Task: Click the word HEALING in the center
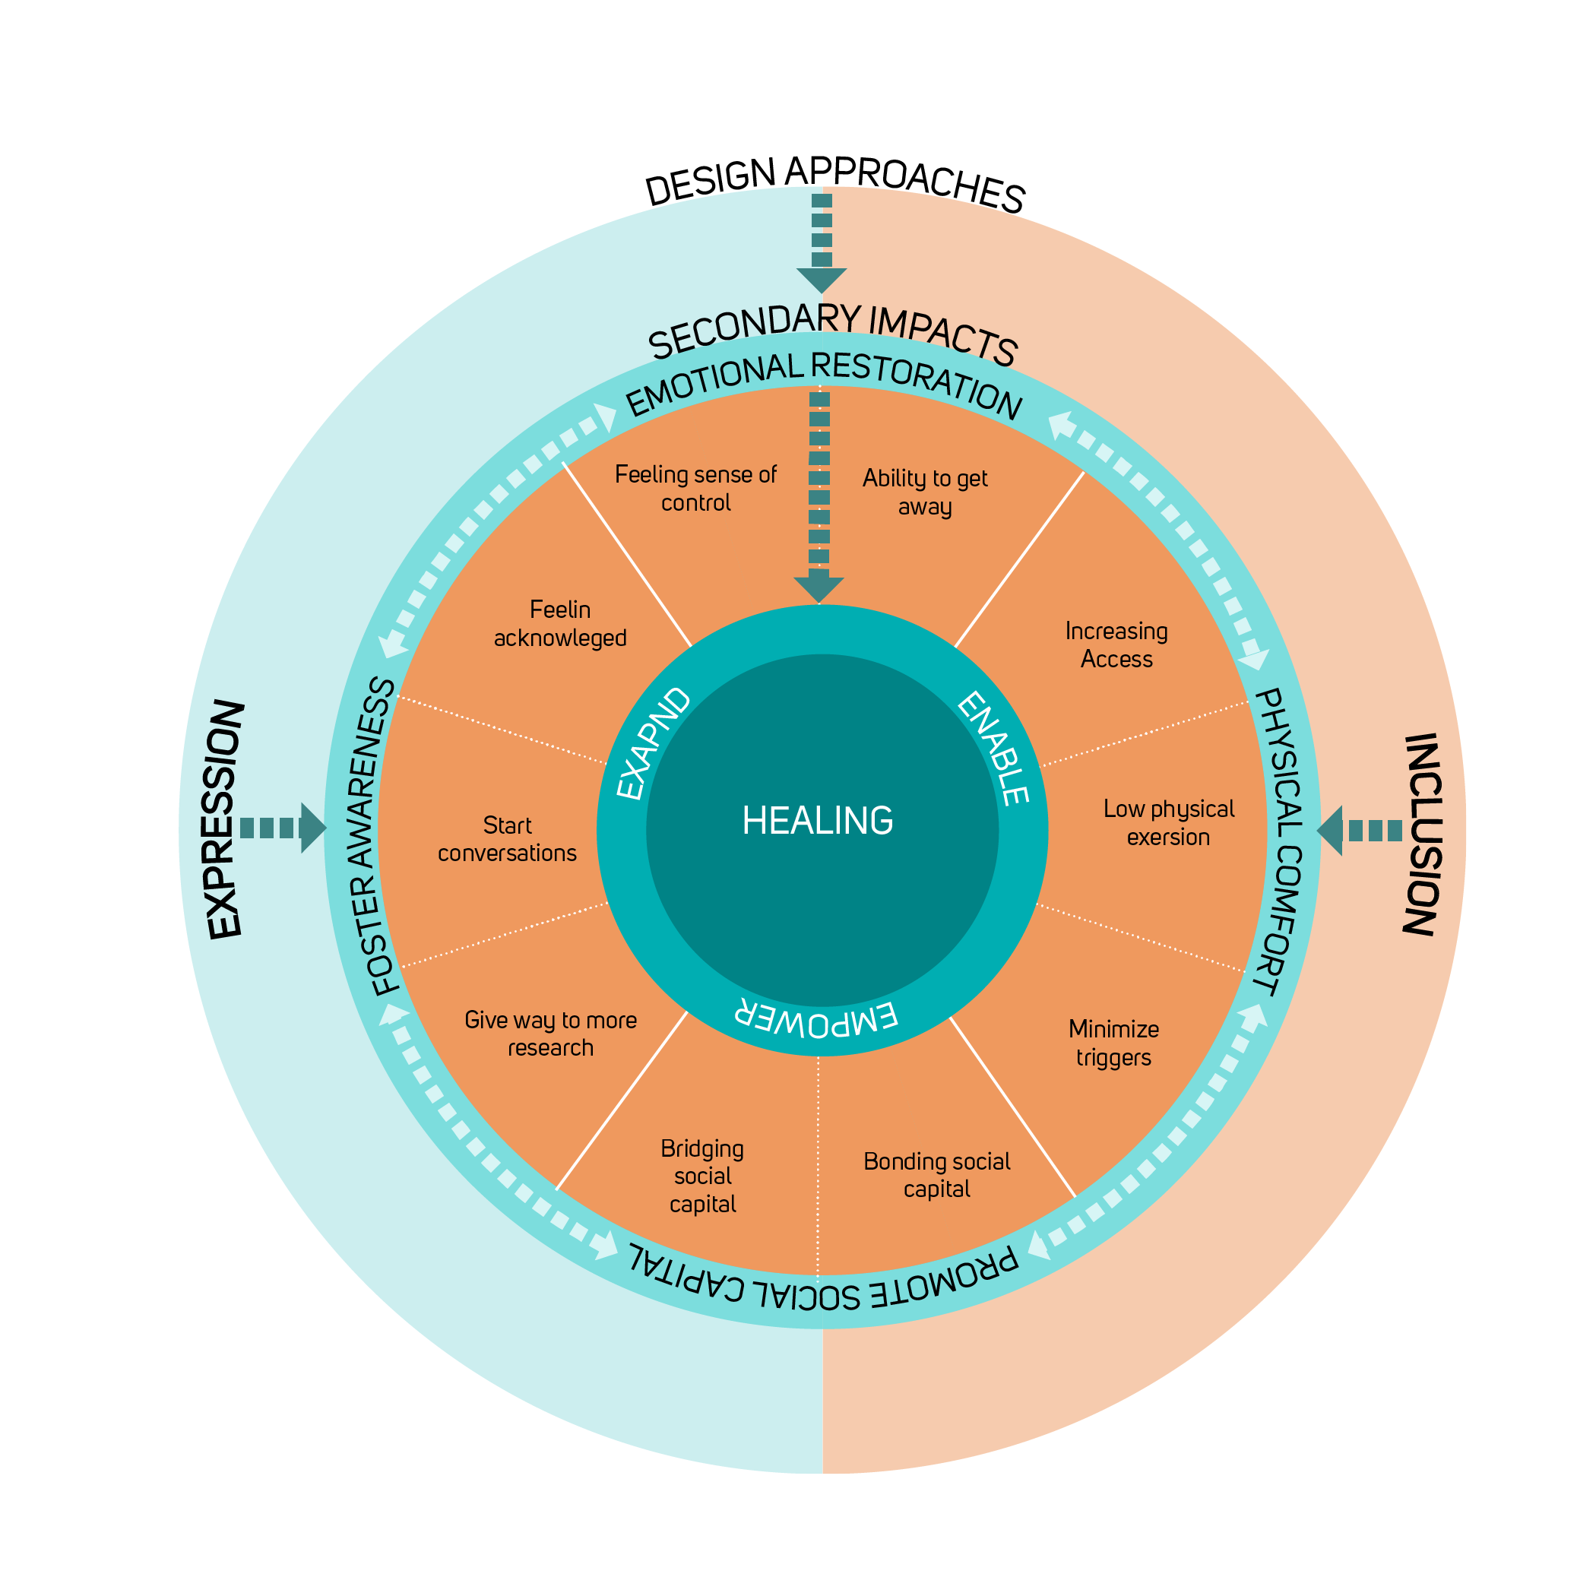coord(817,820)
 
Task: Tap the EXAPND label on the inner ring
coord(654,743)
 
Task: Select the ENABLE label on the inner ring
coord(993,748)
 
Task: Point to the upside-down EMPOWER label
coord(815,1018)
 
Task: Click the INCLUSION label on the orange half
coord(1423,834)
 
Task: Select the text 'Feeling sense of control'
coord(695,488)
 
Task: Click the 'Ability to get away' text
coord(924,492)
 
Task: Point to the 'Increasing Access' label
coord(1116,644)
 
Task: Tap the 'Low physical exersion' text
coord(1168,822)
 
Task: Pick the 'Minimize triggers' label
coord(1113,1043)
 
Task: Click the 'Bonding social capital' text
coord(937,1175)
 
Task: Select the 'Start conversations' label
coord(507,838)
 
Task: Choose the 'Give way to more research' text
coord(550,1034)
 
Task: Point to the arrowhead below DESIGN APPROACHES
coord(821,279)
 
